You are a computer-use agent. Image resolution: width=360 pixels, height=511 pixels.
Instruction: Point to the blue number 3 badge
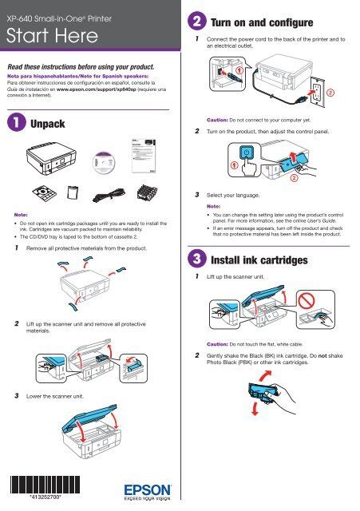pos(196,259)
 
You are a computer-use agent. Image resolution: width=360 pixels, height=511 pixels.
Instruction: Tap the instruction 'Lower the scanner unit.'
pos(60,395)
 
